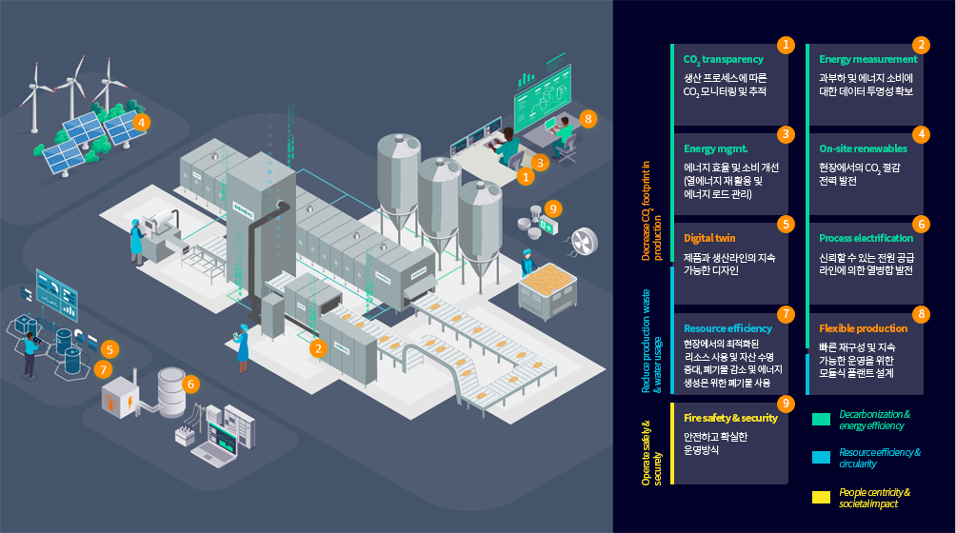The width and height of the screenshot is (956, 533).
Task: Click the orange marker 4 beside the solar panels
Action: click(141, 122)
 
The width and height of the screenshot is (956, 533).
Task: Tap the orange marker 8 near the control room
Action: click(588, 119)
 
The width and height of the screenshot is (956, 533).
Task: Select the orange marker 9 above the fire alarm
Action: click(554, 207)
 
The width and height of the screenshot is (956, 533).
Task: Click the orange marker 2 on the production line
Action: click(318, 348)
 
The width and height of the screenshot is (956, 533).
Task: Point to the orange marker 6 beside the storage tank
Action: click(190, 385)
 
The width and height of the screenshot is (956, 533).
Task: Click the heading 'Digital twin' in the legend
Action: click(709, 238)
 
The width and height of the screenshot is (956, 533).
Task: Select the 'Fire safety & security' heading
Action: click(730, 418)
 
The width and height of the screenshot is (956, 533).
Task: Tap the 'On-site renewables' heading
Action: click(863, 149)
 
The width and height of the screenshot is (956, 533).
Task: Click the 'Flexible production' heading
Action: click(863, 328)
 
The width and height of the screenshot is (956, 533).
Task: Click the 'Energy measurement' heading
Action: click(867, 59)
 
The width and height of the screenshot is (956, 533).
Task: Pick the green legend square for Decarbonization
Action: click(821, 419)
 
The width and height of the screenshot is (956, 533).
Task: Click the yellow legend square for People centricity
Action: click(821, 497)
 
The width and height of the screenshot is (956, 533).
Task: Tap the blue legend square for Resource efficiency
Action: click(821, 458)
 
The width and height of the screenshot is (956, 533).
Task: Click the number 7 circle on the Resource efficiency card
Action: click(786, 313)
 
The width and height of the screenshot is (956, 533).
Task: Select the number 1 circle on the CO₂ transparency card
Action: click(786, 45)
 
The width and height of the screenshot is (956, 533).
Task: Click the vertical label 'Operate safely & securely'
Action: click(651, 452)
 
